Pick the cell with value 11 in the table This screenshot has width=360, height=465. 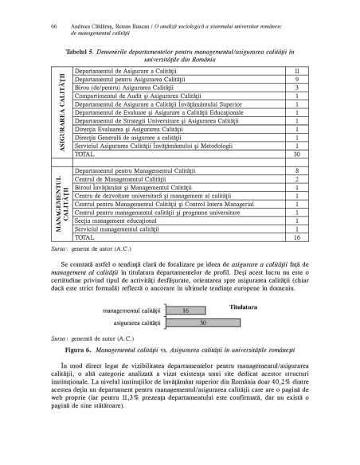tap(296, 72)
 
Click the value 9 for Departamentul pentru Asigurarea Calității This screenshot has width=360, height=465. tap(296, 80)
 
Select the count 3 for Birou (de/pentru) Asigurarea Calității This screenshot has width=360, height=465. tap(296, 88)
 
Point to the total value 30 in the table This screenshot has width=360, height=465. tap(296, 154)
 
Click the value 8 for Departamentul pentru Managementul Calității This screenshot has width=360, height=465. tap(296, 171)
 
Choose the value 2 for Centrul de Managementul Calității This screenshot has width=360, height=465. tap(296, 179)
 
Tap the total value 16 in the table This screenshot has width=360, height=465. tap(296, 237)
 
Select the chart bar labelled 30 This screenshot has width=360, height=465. tap(203, 324)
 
